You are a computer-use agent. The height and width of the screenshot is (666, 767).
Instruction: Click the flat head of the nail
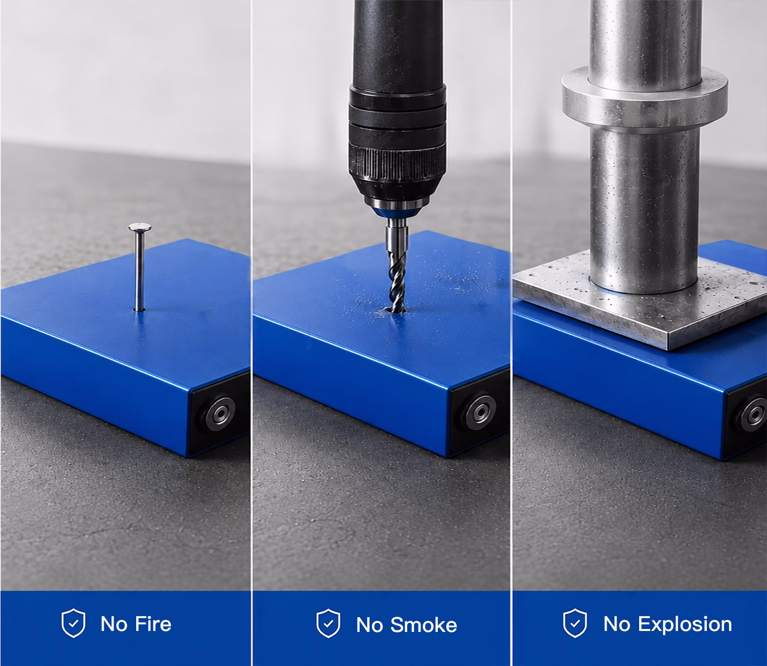140,227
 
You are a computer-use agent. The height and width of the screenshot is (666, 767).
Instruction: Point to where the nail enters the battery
140,309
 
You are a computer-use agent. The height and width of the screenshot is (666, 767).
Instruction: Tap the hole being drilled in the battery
396,310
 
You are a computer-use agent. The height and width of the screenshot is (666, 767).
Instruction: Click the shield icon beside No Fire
74,623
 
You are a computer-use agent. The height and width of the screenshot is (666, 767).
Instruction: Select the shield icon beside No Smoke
328,623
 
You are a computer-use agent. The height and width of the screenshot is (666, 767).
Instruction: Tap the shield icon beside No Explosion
575,623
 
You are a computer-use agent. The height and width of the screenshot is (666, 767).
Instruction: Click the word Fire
153,624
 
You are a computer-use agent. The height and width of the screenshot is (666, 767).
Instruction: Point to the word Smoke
424,625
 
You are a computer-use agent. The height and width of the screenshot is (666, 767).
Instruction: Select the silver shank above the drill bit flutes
397,235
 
